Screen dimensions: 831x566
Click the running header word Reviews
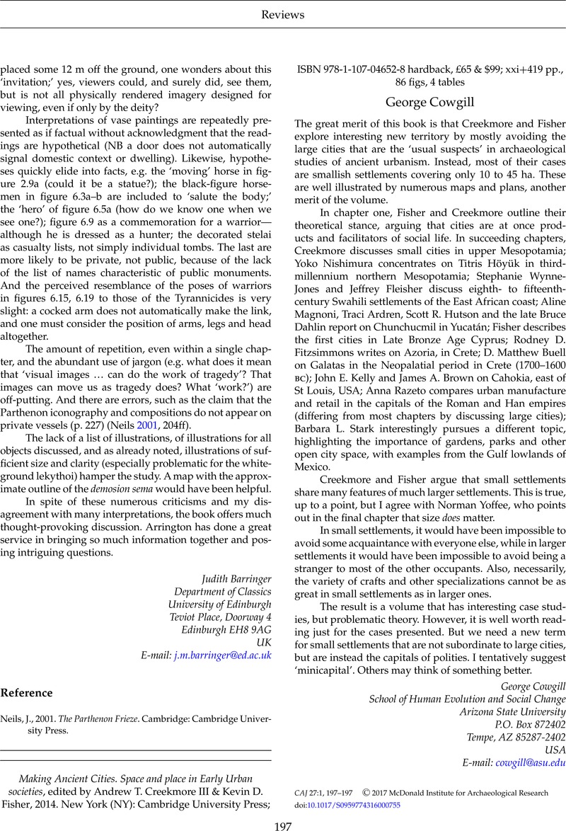[283, 14]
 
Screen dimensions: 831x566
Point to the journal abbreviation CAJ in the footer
[303, 793]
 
